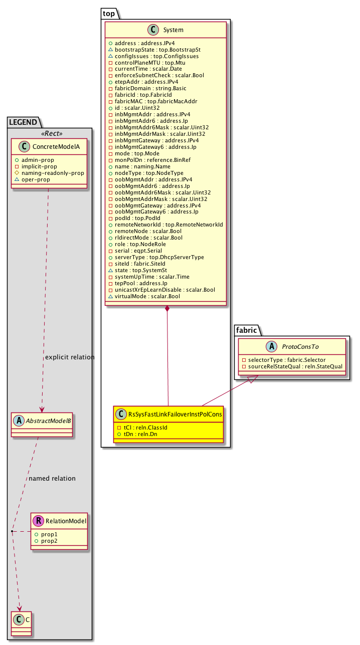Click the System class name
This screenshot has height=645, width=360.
173,30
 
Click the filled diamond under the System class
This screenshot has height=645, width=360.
166,308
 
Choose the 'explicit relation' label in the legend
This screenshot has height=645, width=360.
70,357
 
